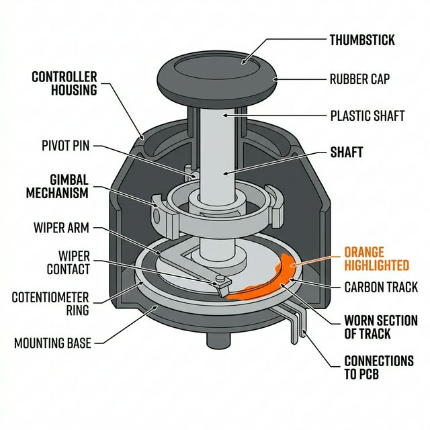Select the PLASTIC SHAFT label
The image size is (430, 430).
(x=368, y=116)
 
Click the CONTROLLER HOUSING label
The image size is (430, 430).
(x=64, y=83)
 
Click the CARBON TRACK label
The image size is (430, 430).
(x=380, y=288)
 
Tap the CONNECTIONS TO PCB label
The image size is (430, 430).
(x=378, y=368)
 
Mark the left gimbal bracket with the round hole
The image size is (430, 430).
(x=161, y=214)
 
